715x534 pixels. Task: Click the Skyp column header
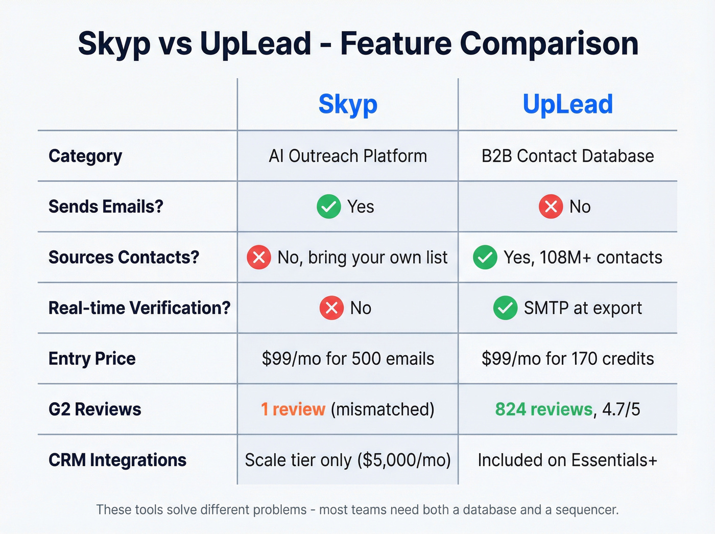[348, 105]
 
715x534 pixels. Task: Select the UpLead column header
[567, 105]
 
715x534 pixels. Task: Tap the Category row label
[85, 156]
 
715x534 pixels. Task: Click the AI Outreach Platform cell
[348, 156]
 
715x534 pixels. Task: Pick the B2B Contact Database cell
[567, 156]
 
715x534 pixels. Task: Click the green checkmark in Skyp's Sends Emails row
[329, 206]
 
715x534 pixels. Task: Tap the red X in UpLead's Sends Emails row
[551, 206]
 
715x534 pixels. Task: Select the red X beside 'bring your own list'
[259, 257]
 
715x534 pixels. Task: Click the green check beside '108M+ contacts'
[485, 257]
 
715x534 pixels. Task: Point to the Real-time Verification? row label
[139, 308]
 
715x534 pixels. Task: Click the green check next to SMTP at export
[505, 308]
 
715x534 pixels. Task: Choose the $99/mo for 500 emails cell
[348, 359]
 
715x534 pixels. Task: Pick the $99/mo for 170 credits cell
[567, 359]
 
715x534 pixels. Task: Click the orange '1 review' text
[293, 409]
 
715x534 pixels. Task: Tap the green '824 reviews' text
[543, 409]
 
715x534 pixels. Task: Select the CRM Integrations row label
[117, 460]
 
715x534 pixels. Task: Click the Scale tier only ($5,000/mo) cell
[348, 460]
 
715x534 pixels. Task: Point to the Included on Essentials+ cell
[567, 460]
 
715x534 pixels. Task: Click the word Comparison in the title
[549, 43]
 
